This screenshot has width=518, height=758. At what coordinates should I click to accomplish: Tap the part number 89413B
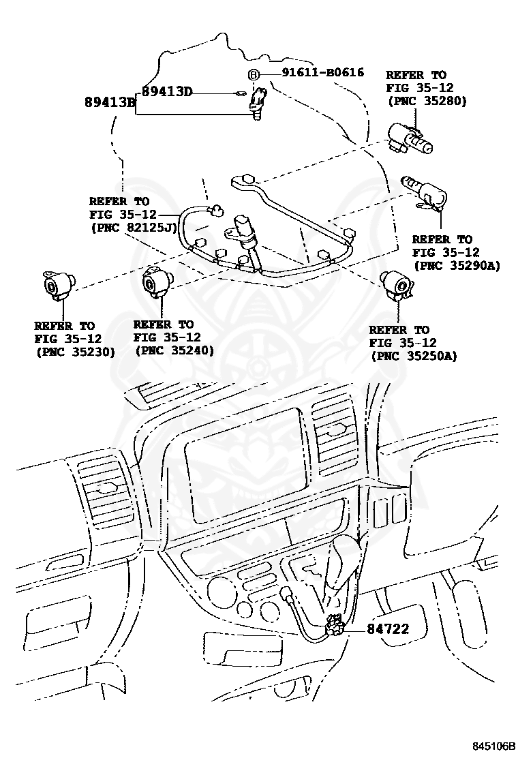point(110,103)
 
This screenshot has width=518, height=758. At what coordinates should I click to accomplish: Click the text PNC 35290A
point(456,266)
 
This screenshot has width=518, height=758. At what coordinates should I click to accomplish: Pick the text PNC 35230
point(75,352)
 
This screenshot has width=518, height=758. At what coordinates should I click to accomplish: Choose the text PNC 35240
point(174,350)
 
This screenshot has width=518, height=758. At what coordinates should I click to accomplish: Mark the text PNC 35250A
point(413,356)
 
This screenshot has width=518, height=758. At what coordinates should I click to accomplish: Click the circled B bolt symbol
point(252,74)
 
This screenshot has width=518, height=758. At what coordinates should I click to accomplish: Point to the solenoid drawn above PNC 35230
point(57,282)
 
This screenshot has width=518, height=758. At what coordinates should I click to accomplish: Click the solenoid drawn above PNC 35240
point(157,282)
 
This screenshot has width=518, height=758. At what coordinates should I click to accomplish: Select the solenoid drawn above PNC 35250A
point(396,283)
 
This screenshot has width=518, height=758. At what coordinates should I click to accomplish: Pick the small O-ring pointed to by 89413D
point(240,94)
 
